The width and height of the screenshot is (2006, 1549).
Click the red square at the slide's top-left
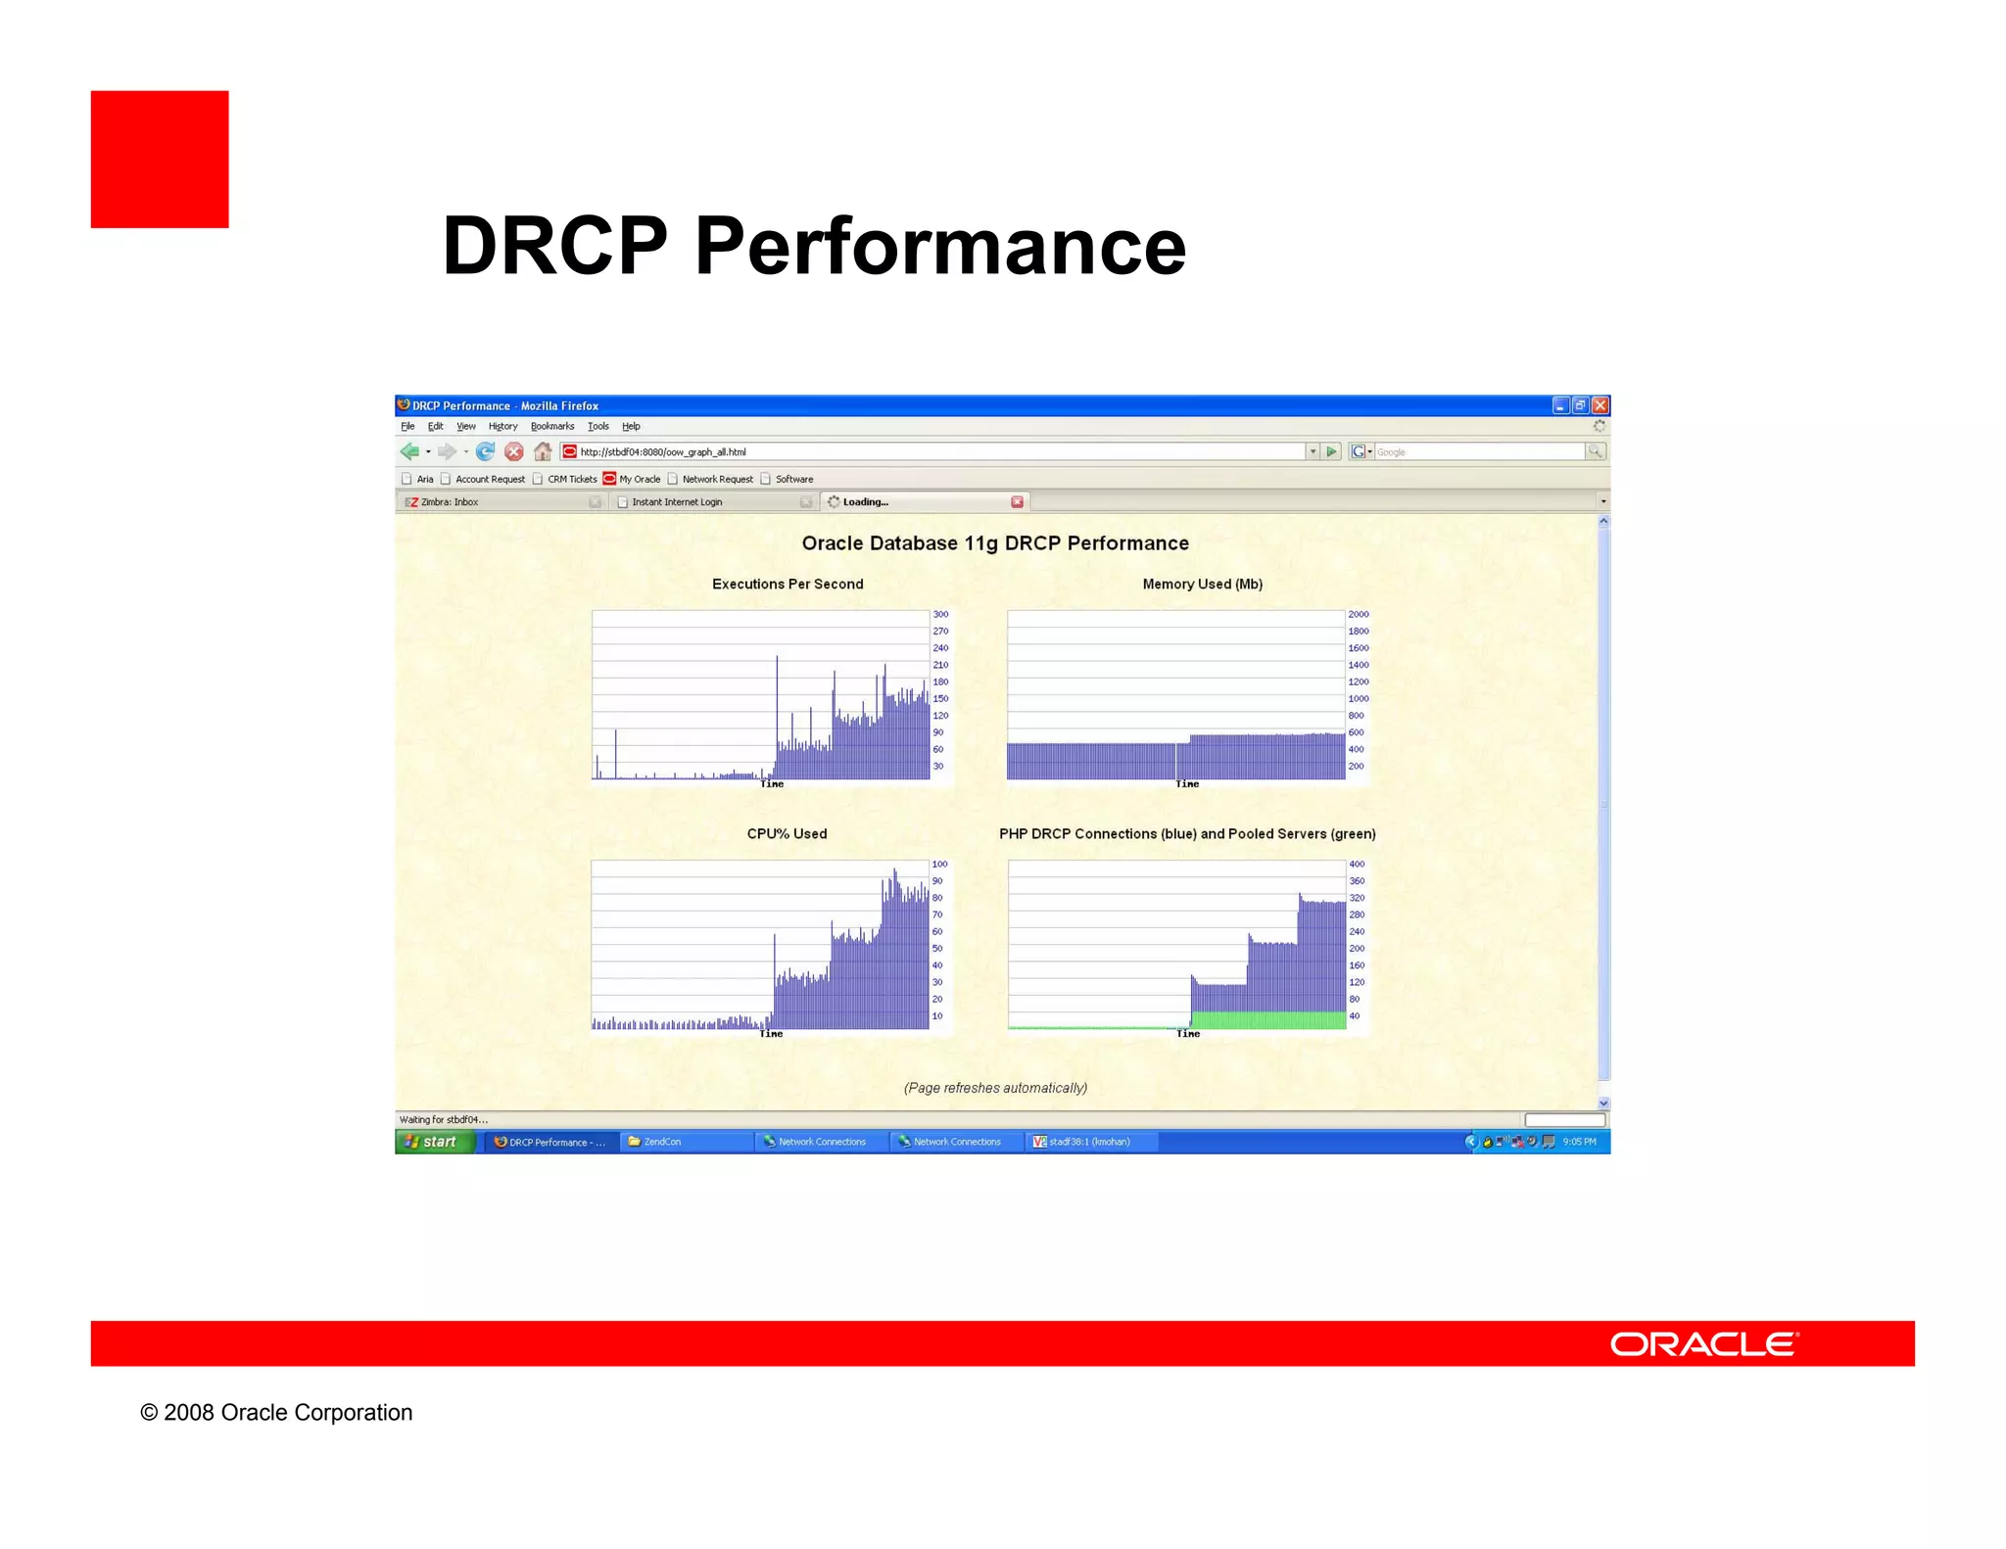(x=160, y=160)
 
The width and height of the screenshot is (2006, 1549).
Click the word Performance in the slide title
(x=939, y=247)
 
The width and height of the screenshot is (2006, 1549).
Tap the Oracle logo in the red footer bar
(x=1703, y=1343)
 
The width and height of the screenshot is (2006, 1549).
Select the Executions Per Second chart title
(x=788, y=584)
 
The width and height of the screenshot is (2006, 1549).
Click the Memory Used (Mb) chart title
(x=1202, y=584)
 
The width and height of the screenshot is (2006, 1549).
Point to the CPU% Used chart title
(x=787, y=833)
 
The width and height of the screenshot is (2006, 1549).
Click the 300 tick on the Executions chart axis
(x=940, y=614)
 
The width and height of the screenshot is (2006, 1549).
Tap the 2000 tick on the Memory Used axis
(x=1358, y=614)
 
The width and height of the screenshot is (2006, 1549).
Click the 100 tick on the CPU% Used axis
(x=939, y=864)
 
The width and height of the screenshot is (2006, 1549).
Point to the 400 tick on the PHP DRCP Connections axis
(x=1357, y=864)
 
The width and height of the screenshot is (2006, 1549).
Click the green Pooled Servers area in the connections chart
(x=1268, y=1019)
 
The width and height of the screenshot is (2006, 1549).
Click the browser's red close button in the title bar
(x=1600, y=405)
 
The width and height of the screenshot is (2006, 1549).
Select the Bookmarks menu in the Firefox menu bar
(x=552, y=426)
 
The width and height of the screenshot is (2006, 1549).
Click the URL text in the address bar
(x=663, y=451)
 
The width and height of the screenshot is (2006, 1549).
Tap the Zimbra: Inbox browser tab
(x=451, y=501)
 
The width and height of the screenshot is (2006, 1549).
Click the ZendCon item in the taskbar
(x=662, y=1142)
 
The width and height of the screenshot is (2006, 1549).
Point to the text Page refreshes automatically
(x=995, y=1088)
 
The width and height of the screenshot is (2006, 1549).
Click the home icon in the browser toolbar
(x=543, y=451)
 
